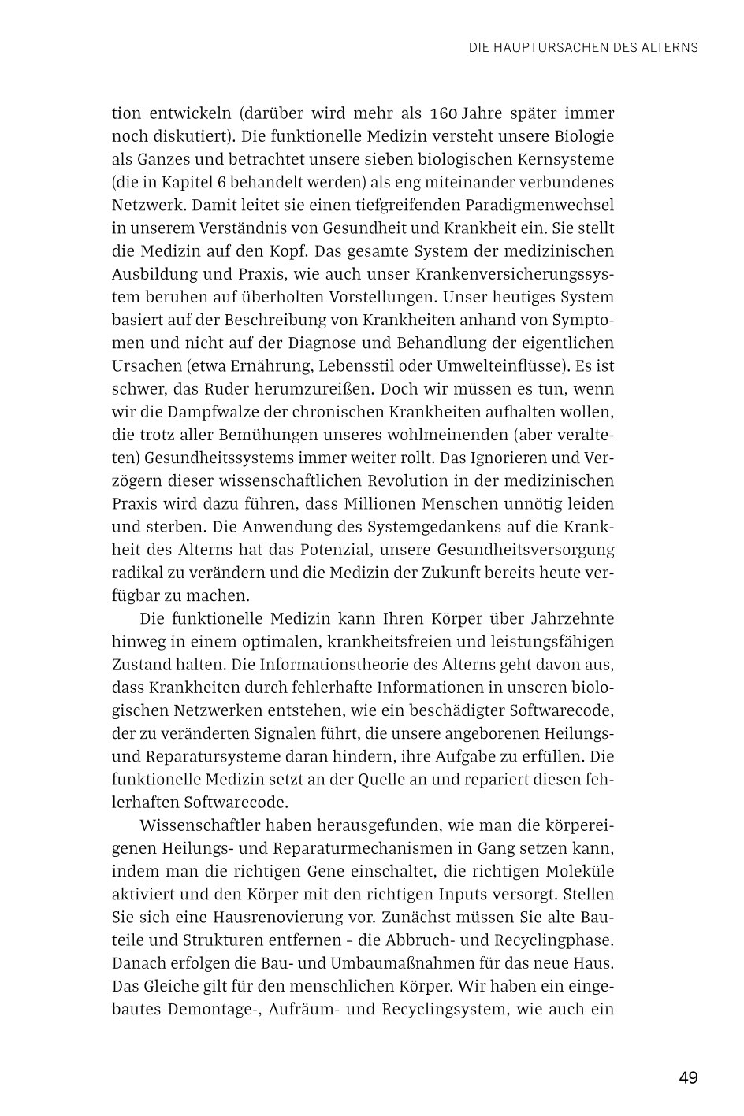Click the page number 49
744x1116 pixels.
click(687, 1077)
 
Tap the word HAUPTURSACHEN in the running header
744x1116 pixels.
click(552, 47)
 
